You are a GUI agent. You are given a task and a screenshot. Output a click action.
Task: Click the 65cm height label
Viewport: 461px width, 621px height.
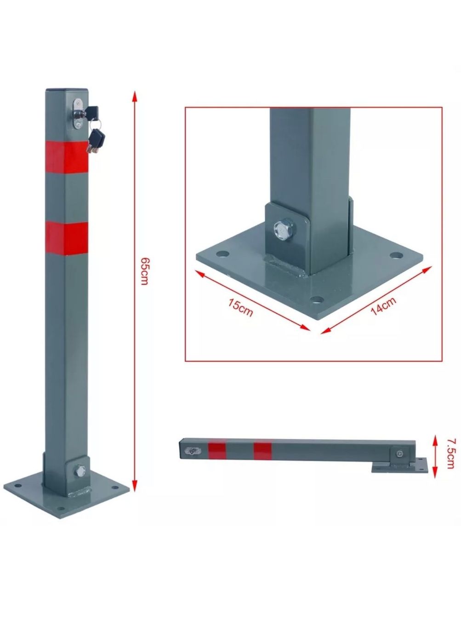tap(144, 271)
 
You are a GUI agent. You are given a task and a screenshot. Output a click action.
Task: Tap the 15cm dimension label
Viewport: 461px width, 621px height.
tap(241, 308)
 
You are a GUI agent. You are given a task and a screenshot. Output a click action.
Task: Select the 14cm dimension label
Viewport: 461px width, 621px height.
tap(383, 306)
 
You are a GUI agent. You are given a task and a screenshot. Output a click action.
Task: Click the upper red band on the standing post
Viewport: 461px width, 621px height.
tap(67, 157)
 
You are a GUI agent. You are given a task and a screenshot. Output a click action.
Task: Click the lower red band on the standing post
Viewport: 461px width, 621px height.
tap(67, 238)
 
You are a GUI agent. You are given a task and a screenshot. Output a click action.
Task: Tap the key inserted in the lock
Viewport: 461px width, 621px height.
tap(89, 112)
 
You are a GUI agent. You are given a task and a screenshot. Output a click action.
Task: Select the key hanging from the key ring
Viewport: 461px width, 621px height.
tap(97, 141)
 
